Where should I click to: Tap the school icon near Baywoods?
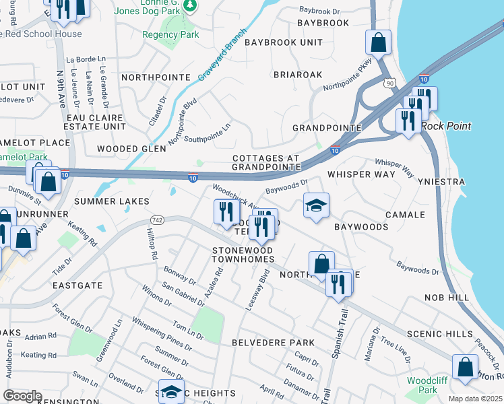coord(315,205)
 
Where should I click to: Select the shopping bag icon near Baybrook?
coord(379,42)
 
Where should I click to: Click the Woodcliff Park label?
coord(422,385)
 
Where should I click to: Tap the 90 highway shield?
coord(389,82)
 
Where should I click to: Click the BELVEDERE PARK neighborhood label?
coord(273,343)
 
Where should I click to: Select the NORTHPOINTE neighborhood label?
coord(156,77)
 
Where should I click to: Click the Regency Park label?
coord(170,34)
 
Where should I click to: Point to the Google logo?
coord(22,396)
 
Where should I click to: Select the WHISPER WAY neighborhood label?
coord(361,174)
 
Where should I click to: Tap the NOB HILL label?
coord(447,297)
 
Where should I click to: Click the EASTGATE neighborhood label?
coord(77,285)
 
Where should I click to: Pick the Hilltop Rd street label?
coord(151,244)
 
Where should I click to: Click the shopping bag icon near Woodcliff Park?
coord(465,367)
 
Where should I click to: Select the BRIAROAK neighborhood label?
coord(298,75)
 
